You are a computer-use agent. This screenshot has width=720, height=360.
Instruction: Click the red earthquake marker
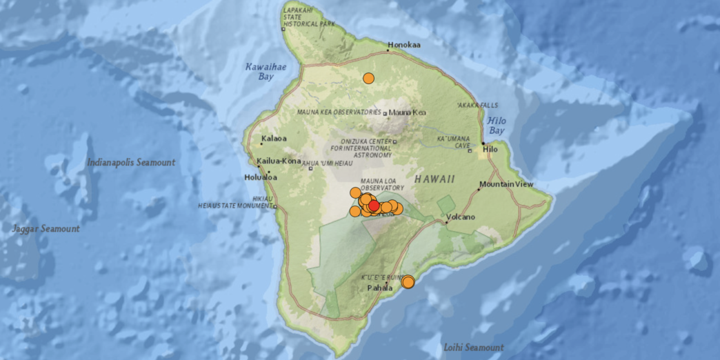[x=374, y=206]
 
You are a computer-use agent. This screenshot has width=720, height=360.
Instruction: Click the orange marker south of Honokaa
[x=369, y=79]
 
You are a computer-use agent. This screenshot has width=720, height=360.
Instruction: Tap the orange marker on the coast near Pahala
[x=408, y=281]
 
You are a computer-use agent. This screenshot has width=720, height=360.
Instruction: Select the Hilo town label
[x=490, y=149]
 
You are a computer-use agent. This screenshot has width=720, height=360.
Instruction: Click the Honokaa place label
[x=404, y=46]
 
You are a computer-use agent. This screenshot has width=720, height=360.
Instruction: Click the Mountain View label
[x=506, y=184]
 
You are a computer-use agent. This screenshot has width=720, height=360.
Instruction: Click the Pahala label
[x=379, y=288]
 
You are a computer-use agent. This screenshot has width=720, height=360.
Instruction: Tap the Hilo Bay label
[x=497, y=125]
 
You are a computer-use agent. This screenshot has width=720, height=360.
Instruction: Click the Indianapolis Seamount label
[x=131, y=163]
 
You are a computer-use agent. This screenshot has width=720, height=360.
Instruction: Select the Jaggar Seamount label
[x=46, y=228]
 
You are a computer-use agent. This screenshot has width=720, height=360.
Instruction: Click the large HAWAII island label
[x=434, y=179]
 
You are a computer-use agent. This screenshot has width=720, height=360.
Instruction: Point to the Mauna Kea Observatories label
[x=339, y=112]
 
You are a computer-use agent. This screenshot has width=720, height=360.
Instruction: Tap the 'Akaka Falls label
[x=477, y=105]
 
